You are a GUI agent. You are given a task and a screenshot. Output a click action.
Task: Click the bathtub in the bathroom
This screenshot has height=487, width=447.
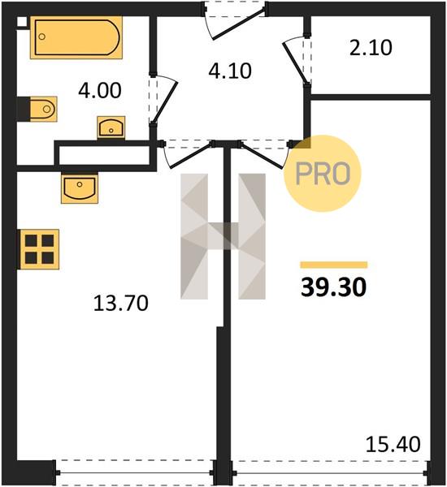[x=76, y=37]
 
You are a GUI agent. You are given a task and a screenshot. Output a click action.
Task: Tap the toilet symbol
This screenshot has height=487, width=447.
[x=43, y=109]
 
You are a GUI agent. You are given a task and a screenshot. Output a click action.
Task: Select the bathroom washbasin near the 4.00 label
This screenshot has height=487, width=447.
[x=111, y=127]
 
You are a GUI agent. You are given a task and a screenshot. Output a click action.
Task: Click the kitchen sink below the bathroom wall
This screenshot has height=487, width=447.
[x=80, y=187]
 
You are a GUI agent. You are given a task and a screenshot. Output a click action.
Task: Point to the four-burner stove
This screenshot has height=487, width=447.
[x=39, y=249]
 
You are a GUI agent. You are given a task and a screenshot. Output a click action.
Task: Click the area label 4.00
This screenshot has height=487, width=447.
[x=99, y=91]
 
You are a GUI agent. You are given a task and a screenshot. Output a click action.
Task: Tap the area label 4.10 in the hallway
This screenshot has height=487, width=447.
[x=230, y=71]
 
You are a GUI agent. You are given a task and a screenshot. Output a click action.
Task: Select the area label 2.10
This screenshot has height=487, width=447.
[x=371, y=48]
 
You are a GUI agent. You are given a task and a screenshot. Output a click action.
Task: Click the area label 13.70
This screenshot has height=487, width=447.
[x=121, y=303]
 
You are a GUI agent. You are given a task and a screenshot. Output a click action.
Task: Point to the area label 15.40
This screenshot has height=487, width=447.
[x=393, y=445]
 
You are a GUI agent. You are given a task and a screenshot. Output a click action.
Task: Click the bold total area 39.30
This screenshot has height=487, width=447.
[x=334, y=287]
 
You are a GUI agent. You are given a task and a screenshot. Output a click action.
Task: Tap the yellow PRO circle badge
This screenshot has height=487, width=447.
[x=323, y=174]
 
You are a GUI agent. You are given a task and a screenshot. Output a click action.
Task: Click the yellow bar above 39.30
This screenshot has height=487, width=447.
[x=334, y=265]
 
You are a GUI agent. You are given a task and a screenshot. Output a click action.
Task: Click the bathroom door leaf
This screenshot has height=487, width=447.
[x=165, y=102]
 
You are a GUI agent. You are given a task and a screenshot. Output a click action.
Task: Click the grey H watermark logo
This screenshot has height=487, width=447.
[x=223, y=236]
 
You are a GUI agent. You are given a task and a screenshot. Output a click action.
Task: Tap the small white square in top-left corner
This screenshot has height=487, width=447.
[x=22, y=21]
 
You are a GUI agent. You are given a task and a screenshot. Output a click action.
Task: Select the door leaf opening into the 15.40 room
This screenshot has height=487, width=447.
[x=263, y=156]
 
